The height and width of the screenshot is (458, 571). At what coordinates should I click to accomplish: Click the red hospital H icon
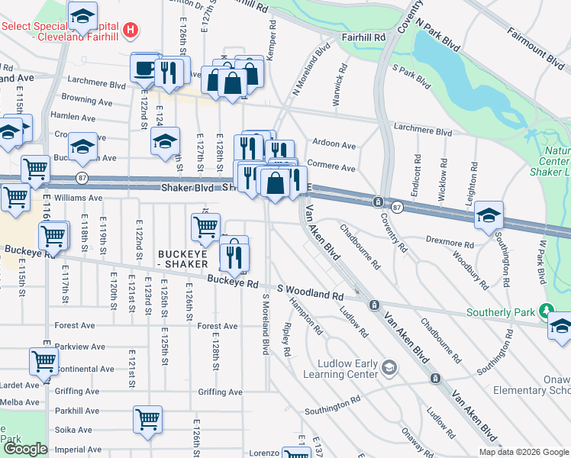[x=131, y=31]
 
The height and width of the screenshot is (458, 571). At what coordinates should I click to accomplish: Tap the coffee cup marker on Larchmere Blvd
[x=143, y=69]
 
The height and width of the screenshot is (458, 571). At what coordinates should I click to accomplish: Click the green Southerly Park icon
[x=545, y=312]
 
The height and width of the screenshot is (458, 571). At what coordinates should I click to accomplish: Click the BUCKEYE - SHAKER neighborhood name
[x=183, y=259]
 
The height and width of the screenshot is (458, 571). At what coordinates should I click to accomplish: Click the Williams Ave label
[x=78, y=198]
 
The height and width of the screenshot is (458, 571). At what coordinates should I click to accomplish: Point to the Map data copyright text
[x=524, y=452]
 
